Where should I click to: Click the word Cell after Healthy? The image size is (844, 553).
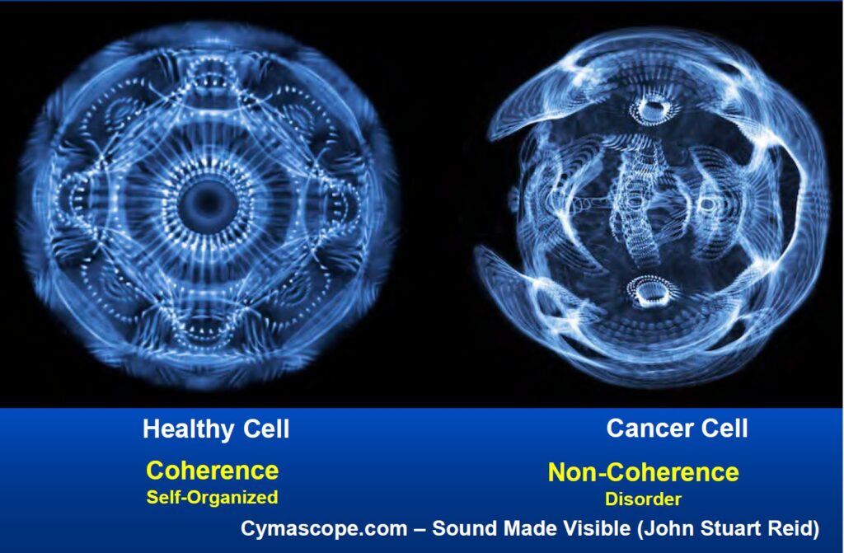(x=266, y=429)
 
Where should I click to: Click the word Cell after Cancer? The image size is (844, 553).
(x=724, y=429)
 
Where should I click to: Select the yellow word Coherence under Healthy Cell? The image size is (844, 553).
(x=212, y=470)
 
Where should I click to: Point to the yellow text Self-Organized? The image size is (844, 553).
(x=212, y=497)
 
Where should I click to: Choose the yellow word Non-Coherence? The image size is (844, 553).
(x=643, y=472)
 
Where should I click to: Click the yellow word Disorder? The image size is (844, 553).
(x=643, y=499)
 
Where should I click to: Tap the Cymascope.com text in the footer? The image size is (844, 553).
(x=324, y=529)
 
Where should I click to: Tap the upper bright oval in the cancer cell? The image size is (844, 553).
(x=653, y=108)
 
